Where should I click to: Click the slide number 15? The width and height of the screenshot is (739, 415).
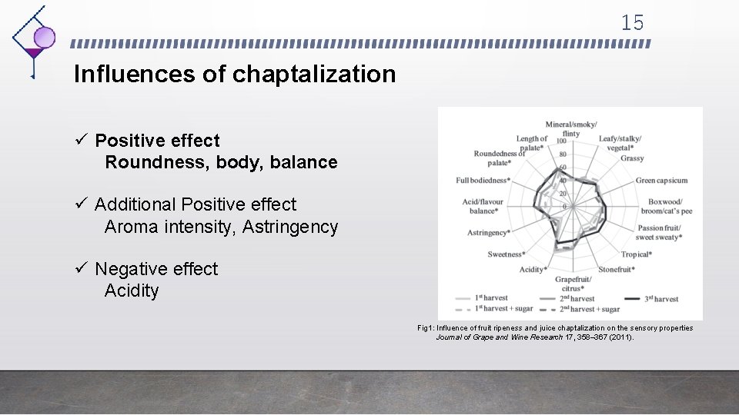pos(632,23)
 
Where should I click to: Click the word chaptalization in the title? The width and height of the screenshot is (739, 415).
pos(314,75)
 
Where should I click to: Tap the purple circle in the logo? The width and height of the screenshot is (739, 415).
pos(45,37)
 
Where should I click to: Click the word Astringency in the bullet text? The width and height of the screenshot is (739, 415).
pos(290,227)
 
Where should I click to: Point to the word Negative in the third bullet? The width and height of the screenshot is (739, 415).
pos(132,269)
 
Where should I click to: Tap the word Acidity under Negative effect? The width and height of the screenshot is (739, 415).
pos(132,290)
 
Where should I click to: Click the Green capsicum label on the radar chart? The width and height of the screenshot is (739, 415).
pos(661,181)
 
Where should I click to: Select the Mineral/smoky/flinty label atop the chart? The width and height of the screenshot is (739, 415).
pos(570,128)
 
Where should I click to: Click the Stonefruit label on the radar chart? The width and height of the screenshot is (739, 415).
pos(616,270)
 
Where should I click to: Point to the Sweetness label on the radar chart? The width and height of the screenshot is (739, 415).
pos(506,254)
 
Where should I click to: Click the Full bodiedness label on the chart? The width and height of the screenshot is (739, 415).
pos(482,181)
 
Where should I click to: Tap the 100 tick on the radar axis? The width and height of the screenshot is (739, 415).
pos(561,141)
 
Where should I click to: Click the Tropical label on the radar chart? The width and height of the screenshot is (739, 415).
pos(636,254)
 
